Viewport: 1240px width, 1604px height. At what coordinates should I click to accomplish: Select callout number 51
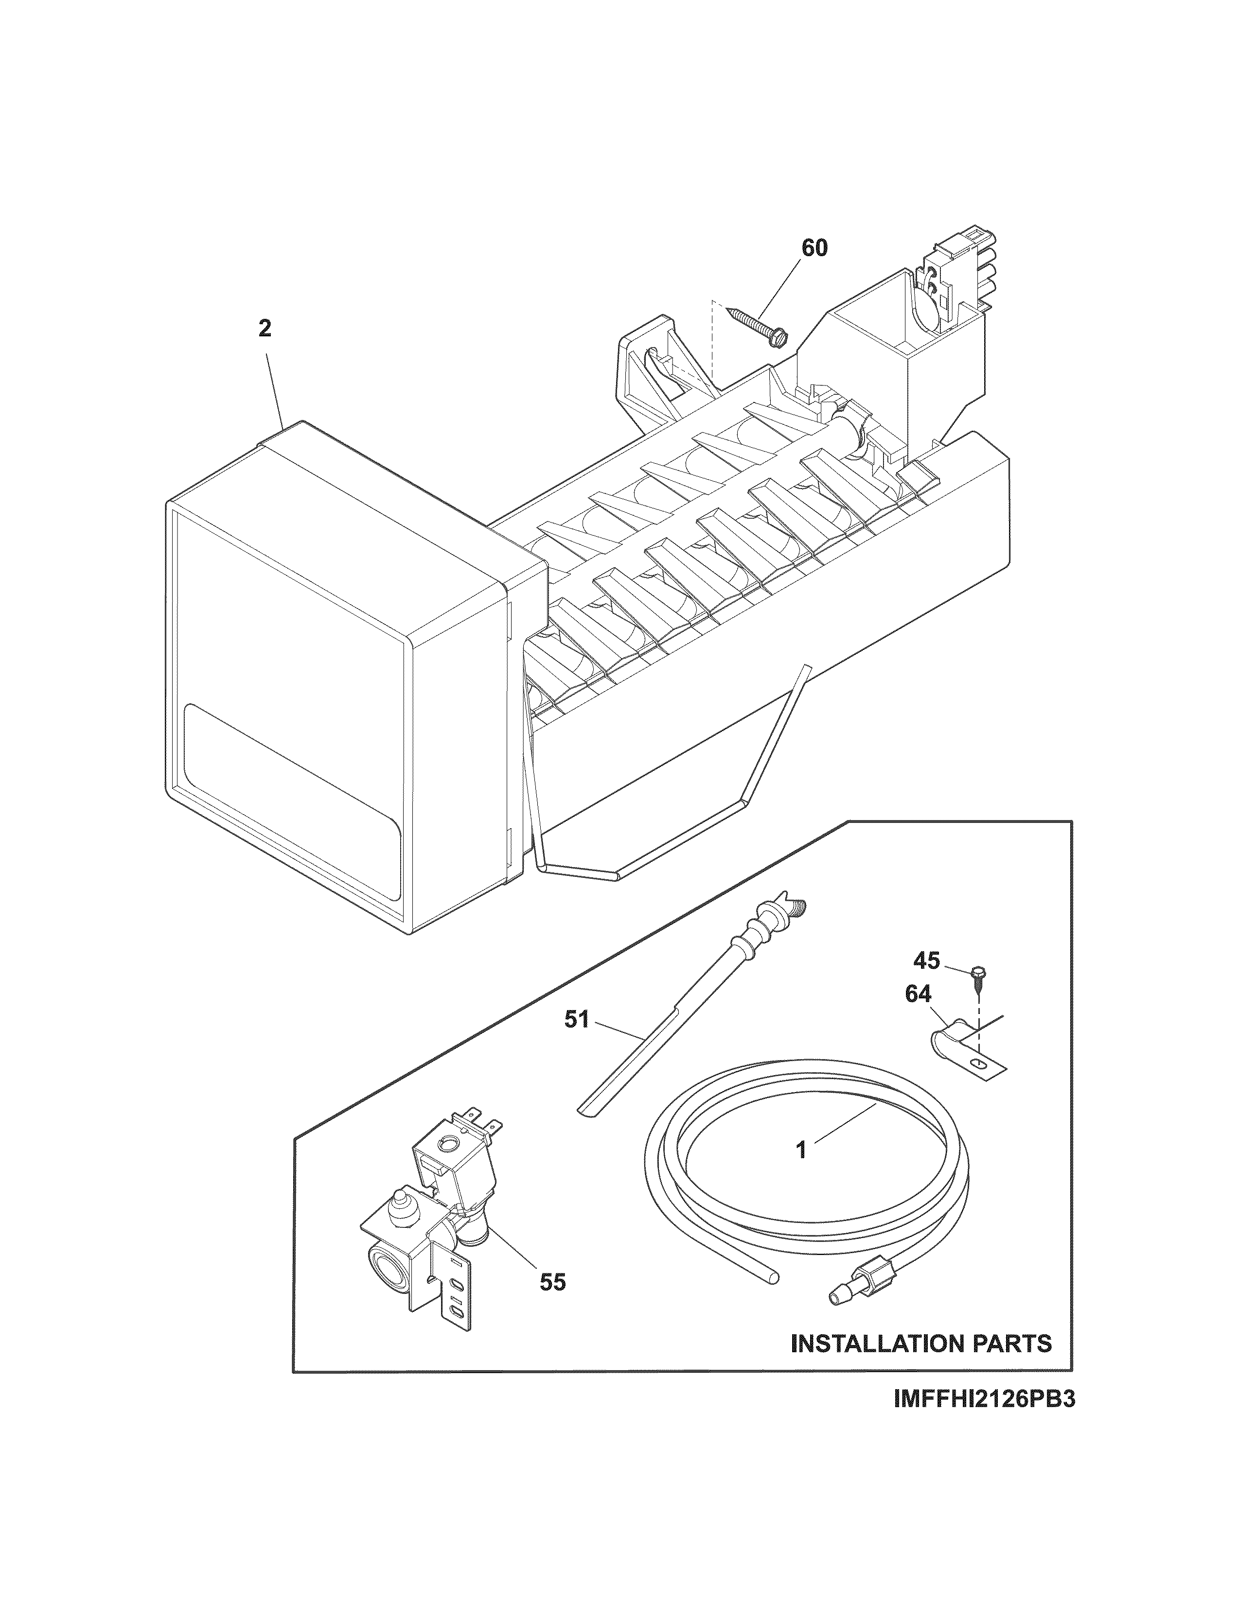(x=577, y=1020)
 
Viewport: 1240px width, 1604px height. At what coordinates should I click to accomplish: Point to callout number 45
(x=926, y=960)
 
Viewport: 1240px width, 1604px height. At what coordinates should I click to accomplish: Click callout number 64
(x=918, y=994)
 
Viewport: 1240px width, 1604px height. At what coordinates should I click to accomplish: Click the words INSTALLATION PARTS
(x=921, y=1344)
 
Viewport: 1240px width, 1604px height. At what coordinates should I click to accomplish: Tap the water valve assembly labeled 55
(x=433, y=1219)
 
